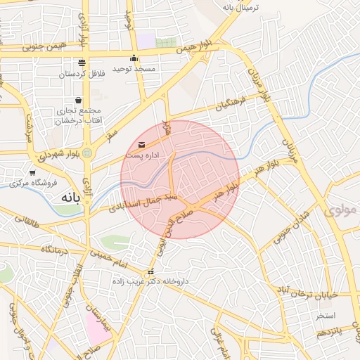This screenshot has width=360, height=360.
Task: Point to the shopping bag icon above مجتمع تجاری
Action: [77, 100]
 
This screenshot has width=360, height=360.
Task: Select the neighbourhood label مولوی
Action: [342, 210]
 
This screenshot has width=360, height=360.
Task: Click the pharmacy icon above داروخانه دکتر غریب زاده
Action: [150, 271]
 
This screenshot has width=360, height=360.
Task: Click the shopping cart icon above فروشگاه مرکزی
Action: [32, 172]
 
